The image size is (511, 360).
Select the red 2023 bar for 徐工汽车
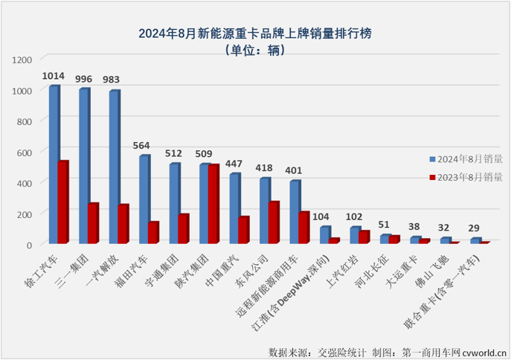63,202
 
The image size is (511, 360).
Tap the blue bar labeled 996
83,167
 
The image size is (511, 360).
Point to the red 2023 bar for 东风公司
274,222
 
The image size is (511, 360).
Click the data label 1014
53,76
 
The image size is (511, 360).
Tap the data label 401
295,170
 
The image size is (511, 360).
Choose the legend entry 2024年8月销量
465,158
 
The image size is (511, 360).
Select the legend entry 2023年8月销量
465,177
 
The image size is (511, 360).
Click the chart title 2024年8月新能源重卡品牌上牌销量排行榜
255,33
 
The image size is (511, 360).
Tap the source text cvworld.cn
483,350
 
